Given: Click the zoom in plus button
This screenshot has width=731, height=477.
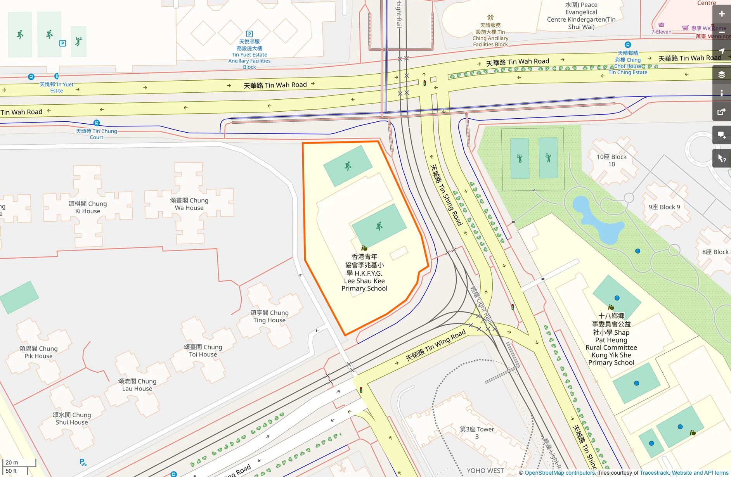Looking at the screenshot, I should point(721,14).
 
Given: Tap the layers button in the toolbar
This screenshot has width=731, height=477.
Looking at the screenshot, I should point(721,74).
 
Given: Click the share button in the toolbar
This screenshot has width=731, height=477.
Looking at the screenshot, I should point(721,112).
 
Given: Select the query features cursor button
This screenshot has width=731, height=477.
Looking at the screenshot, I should point(721,158).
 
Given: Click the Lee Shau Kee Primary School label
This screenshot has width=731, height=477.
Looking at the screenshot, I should point(364,273).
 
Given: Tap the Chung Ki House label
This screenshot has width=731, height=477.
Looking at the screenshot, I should point(88,207).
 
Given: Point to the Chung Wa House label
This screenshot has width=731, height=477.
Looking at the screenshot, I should point(189,204).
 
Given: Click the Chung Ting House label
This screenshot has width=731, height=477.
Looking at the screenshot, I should point(270,316).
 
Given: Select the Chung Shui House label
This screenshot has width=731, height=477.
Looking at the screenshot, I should point(72,418).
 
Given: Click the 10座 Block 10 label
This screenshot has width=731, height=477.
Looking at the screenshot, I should point(611,160).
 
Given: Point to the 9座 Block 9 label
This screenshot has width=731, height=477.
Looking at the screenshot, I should point(664,207).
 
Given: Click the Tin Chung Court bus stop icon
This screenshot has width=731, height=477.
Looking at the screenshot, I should point(97,123).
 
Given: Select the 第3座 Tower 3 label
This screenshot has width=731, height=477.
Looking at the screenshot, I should point(477,433).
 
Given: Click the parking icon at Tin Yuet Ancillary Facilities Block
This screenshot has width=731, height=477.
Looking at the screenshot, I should point(249,34).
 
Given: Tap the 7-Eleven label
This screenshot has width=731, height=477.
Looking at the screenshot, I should point(661,32).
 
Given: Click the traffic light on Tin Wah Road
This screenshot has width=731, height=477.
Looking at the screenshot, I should point(424,83).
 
